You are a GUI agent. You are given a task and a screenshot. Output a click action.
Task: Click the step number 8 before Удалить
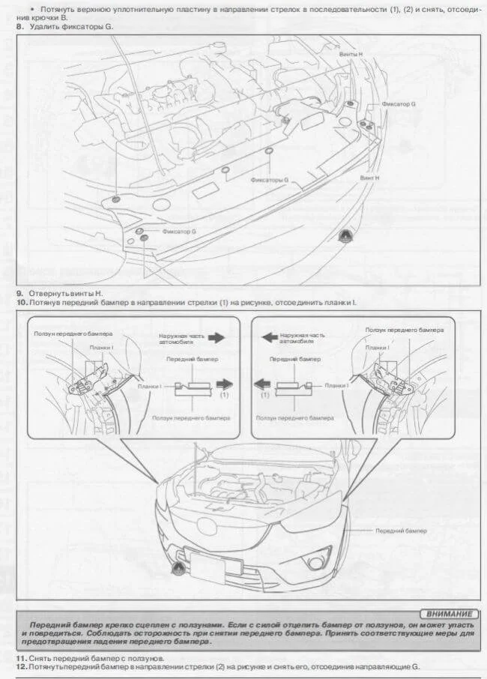[19, 27]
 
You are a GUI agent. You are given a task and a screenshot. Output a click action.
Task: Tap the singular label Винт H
[369, 178]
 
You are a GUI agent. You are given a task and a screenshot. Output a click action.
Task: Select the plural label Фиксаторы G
[270, 180]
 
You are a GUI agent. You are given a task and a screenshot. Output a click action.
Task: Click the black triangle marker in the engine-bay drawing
[347, 235]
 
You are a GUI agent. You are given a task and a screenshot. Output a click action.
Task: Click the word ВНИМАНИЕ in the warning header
[448, 613]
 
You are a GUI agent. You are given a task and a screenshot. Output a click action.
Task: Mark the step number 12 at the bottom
[21, 666]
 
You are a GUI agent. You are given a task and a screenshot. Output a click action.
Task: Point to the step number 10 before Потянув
[21, 302]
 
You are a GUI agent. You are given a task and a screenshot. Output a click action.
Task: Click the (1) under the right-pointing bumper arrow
[225, 395]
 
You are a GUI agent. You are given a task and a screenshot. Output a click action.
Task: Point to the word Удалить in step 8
[46, 27]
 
